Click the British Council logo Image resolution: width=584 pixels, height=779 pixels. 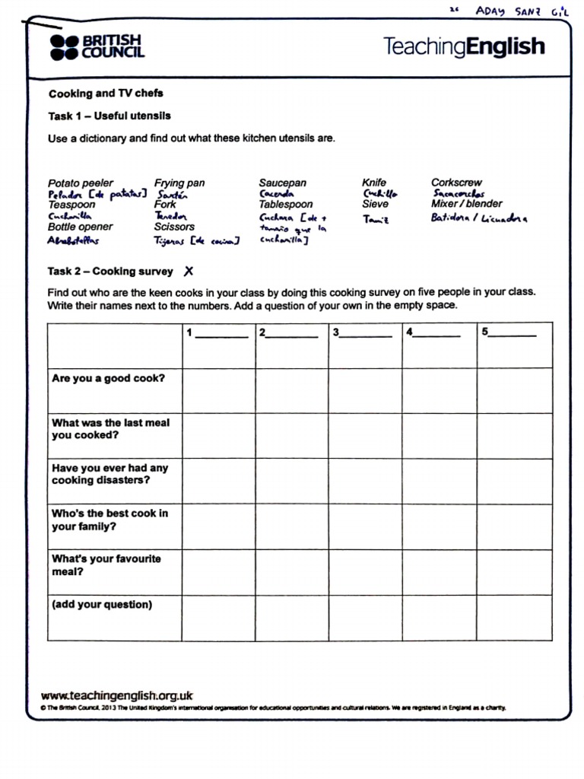pyautogui.click(x=97, y=47)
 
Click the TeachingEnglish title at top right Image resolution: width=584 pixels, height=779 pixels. pyautogui.click(x=464, y=46)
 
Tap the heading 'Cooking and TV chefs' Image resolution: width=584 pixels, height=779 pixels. pyautogui.click(x=106, y=94)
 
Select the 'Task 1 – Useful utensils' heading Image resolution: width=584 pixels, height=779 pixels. pyautogui.click(x=109, y=116)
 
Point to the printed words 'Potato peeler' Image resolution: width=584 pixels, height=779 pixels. pyautogui.click(x=81, y=183)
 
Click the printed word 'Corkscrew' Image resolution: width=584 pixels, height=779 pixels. pyautogui.click(x=456, y=183)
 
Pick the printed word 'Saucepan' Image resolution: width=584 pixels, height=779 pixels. pyautogui.click(x=282, y=183)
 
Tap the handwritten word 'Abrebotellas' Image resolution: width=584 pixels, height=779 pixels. pyautogui.click(x=74, y=240)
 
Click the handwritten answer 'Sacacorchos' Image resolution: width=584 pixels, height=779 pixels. pyautogui.click(x=459, y=194)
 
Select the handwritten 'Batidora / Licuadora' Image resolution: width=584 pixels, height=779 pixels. pyautogui.click(x=478, y=218)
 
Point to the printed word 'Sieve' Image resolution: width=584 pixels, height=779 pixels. pyautogui.click(x=375, y=204)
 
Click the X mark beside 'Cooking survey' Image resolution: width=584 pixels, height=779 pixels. pyautogui.click(x=189, y=272)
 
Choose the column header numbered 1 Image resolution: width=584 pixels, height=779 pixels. pyautogui.click(x=217, y=333)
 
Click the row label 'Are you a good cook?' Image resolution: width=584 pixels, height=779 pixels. pyautogui.click(x=108, y=378)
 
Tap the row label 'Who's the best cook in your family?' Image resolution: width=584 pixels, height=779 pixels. pyautogui.click(x=109, y=520)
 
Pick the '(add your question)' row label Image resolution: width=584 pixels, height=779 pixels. pyautogui.click(x=102, y=605)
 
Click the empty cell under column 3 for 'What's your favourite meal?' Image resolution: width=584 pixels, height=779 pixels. pyautogui.click(x=365, y=572)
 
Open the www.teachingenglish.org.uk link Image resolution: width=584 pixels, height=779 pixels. pyautogui.click(x=116, y=695)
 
